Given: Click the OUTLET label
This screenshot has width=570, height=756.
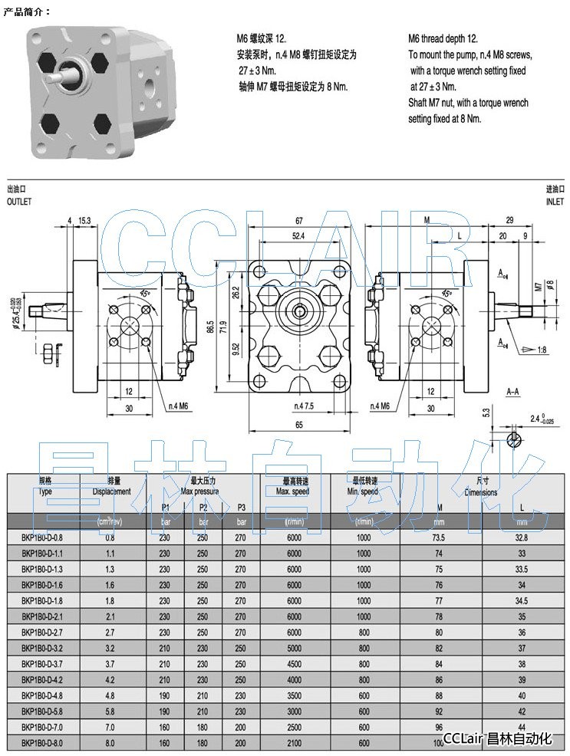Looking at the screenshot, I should (x=19, y=201).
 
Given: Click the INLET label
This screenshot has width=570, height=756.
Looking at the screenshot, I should (x=554, y=201).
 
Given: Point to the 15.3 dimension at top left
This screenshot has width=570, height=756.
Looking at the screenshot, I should (x=84, y=221).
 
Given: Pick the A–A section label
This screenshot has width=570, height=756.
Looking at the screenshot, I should (x=515, y=390).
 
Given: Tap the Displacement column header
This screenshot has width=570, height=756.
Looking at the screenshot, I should (x=111, y=491).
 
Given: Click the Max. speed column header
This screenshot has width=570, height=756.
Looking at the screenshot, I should (x=292, y=491).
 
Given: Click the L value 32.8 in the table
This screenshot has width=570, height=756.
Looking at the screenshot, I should (x=522, y=537).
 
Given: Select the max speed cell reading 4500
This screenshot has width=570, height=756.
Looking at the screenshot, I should (x=294, y=664).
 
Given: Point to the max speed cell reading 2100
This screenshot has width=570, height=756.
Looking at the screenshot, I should (x=294, y=742).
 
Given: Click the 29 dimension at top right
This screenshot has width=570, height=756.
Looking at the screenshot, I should (x=510, y=221).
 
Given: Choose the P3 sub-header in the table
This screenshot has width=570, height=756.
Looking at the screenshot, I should (x=240, y=507).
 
